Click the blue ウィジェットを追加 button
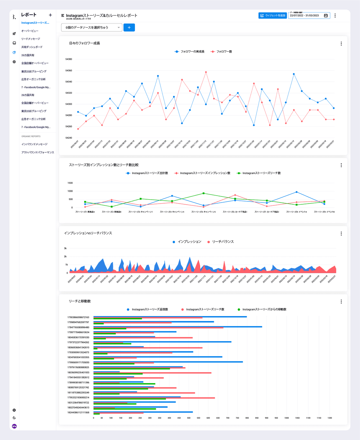(x=273, y=15)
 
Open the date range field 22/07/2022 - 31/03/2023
(x=309, y=16)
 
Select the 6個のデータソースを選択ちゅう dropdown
(x=92, y=27)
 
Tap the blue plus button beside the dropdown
(x=129, y=27)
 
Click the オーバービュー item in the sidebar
(x=30, y=31)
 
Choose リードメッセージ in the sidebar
(x=31, y=39)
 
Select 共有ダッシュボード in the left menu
(x=32, y=47)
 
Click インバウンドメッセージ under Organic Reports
(x=34, y=144)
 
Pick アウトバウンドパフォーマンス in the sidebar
(x=37, y=152)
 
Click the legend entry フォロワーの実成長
(x=190, y=52)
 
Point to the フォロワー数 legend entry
(x=221, y=52)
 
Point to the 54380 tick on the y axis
(x=68, y=59)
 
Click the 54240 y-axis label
(x=68, y=138)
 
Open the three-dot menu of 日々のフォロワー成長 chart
(x=341, y=44)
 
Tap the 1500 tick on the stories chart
(x=70, y=183)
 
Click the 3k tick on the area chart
(x=65, y=248)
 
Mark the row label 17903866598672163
(x=78, y=317)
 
